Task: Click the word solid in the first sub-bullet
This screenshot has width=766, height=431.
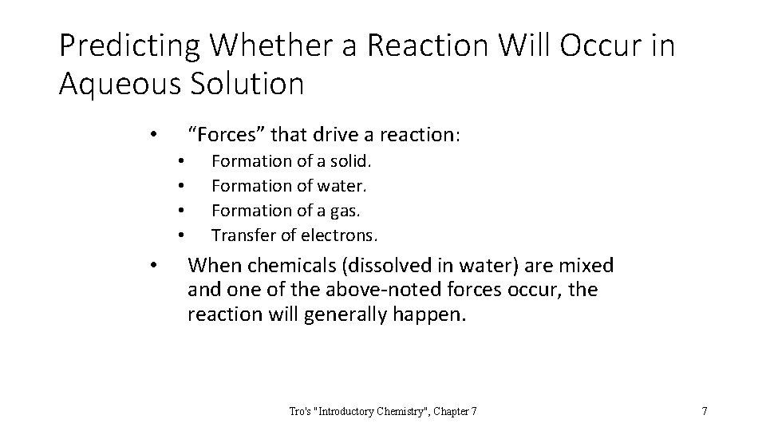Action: [351, 161]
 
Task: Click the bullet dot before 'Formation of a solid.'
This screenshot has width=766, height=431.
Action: [182, 162]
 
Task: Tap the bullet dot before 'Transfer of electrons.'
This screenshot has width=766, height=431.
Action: [182, 236]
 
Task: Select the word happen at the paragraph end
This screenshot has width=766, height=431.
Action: [432, 314]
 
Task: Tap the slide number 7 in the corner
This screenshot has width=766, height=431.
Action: [704, 411]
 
